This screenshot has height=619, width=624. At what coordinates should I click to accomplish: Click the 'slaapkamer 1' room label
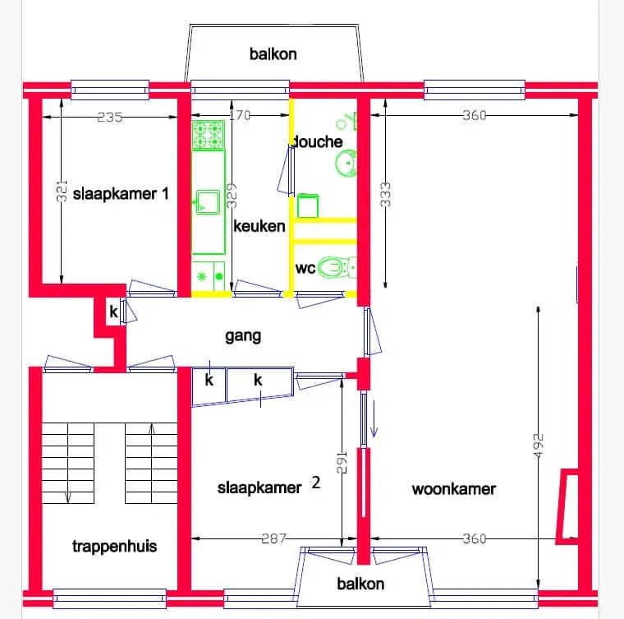point(121,194)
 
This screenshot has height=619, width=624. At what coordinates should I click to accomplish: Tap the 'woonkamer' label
point(454,489)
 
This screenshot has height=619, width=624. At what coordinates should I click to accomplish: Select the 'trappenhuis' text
point(115,546)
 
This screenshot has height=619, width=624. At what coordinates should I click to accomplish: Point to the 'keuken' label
point(259,226)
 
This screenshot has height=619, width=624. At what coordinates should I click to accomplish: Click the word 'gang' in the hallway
point(243,335)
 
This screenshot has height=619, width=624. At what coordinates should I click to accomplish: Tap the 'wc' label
point(305,268)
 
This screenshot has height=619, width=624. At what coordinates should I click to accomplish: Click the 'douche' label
point(318,141)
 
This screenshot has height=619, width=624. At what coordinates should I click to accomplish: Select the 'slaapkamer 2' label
point(268,486)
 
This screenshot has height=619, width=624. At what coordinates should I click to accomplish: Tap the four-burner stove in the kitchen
point(208,135)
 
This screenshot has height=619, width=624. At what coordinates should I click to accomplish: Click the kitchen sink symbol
point(208,202)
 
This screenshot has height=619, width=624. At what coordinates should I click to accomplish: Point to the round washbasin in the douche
point(346,163)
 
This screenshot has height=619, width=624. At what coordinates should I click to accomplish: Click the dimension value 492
point(538,446)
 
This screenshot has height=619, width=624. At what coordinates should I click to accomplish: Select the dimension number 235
point(110,117)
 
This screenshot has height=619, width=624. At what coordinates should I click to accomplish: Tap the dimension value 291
point(342,462)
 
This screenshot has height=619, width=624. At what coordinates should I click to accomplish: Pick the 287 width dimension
point(273,538)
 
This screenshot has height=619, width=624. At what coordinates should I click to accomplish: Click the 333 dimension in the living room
point(385,195)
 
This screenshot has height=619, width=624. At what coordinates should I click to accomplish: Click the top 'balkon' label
point(273,54)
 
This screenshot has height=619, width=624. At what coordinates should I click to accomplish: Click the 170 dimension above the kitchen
point(241,115)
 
